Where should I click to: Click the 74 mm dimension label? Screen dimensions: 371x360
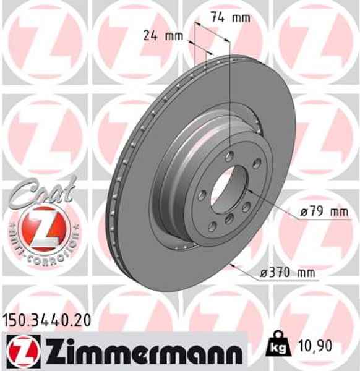(225, 17)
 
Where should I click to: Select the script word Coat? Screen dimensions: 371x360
(42, 189)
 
